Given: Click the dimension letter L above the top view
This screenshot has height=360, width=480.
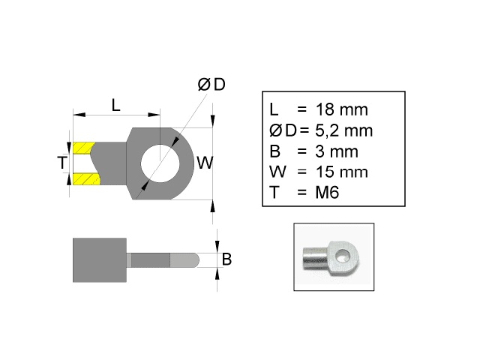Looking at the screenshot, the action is pyautogui.click(x=116, y=105).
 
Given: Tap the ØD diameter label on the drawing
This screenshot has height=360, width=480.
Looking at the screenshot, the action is pyautogui.click(x=211, y=85).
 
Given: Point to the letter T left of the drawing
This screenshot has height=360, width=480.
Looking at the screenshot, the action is pyautogui.click(x=62, y=163).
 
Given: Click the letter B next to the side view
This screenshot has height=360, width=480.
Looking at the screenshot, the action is pyautogui.click(x=226, y=259).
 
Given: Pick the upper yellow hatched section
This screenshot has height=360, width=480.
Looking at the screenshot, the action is pyautogui.click(x=84, y=146).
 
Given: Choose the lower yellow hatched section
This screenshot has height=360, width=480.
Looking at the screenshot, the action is pyautogui.click(x=84, y=179).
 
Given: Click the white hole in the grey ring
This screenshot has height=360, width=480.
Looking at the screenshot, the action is pyautogui.click(x=163, y=162).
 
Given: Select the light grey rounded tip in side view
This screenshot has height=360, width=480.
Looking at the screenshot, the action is pyautogui.click(x=184, y=259).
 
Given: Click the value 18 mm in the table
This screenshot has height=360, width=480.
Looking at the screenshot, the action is pyautogui.click(x=343, y=109).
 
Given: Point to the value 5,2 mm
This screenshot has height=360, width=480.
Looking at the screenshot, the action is pyautogui.click(x=346, y=130).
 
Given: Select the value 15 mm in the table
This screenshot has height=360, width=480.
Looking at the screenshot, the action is pyautogui.click(x=343, y=172).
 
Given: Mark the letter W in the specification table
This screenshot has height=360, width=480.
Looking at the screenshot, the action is pyautogui.click(x=276, y=172).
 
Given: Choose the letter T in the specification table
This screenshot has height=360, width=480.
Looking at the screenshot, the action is pyautogui.click(x=274, y=192).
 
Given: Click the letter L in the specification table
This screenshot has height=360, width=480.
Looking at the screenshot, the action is pyautogui.click(x=274, y=109).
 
